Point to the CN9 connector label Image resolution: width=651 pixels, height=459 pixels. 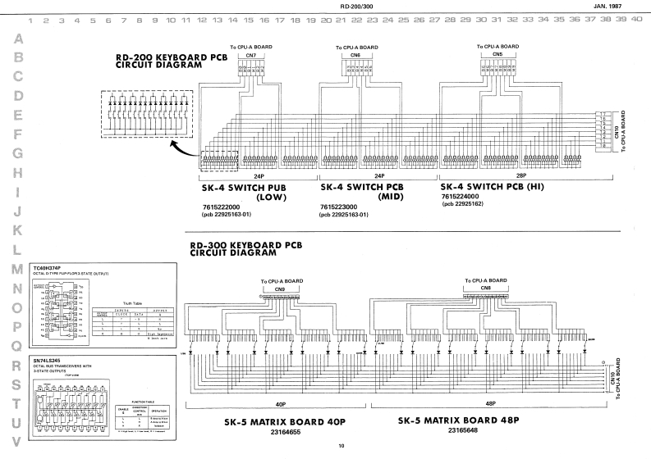[279, 289]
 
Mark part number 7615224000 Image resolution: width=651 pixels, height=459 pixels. [462, 198]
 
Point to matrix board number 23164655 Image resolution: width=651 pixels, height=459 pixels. [277, 432]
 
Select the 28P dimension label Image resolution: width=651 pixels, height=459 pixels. [502, 176]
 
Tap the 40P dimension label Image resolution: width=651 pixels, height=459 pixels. [280, 405]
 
